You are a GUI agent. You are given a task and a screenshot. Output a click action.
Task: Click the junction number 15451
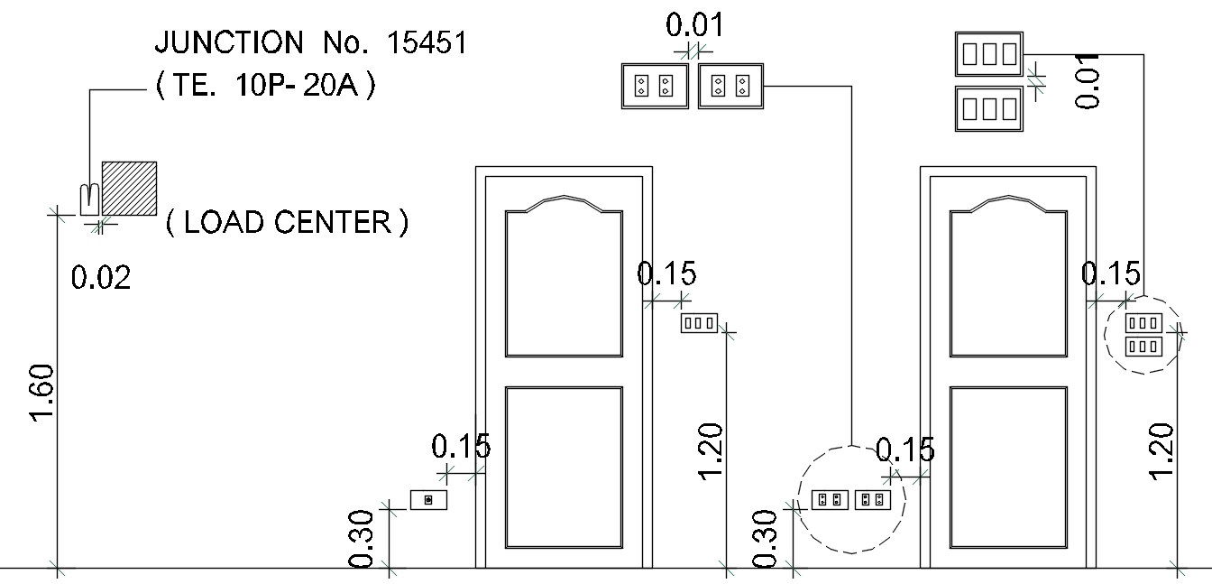[427, 42]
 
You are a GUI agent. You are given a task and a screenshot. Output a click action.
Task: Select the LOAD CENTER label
[287, 222]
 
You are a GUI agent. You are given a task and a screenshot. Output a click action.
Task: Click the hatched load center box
[129, 188]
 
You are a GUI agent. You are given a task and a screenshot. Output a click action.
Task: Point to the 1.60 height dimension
[43, 392]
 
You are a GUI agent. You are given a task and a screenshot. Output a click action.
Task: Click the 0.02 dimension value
[101, 277]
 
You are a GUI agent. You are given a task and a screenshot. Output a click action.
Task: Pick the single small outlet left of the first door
[428, 499]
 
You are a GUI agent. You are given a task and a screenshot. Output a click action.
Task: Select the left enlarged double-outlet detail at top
[655, 86]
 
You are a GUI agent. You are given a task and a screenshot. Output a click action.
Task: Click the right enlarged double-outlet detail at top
[731, 86]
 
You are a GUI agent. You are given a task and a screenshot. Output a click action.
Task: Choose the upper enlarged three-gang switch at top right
[988, 54]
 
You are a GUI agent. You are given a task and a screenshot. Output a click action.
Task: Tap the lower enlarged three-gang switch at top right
[988, 108]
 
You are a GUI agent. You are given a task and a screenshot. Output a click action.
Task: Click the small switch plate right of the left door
[699, 322]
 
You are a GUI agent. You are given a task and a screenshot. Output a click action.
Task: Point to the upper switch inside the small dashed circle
[1143, 322]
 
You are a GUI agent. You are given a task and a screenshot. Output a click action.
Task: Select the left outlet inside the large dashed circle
[830, 499]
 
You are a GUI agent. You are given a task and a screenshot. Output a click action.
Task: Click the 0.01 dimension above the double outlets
[694, 24]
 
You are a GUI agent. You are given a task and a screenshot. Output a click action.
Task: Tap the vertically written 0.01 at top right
[1088, 79]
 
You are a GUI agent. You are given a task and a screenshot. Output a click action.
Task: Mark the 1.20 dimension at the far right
[1161, 451]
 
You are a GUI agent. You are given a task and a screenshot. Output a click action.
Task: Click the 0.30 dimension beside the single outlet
[362, 539]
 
